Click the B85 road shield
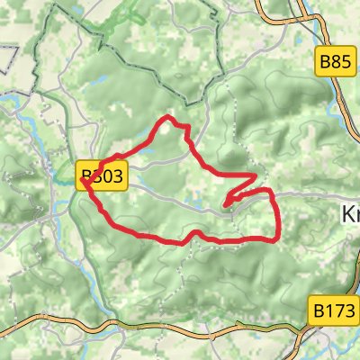(x=335, y=62)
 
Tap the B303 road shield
(x=103, y=175)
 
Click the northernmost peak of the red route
(x=166, y=118)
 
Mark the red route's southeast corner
(x=273, y=238)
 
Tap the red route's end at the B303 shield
(x=83, y=181)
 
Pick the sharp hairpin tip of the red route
(x=226, y=202)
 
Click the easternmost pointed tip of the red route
(x=256, y=176)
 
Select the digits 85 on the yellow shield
(x=340, y=62)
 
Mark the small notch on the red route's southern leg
(x=191, y=238)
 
